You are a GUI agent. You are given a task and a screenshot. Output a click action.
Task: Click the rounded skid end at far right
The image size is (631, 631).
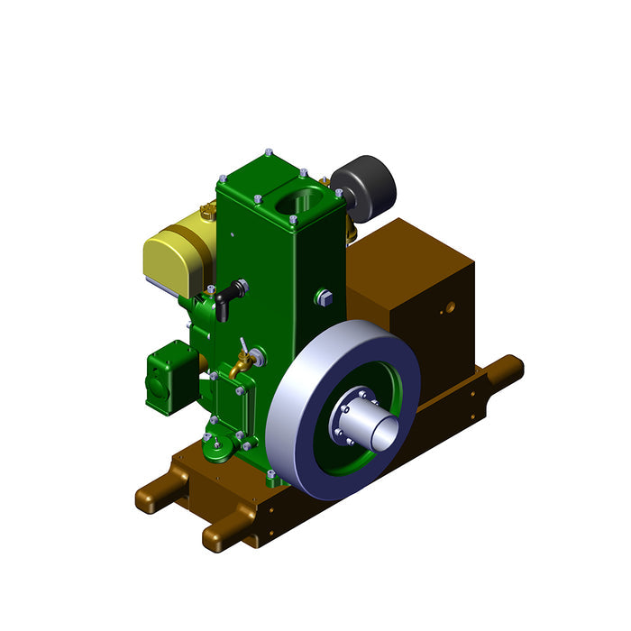pyautogui.click(x=510, y=368)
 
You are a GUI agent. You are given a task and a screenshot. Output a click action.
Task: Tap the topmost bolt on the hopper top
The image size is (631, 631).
pyautogui.click(x=269, y=153)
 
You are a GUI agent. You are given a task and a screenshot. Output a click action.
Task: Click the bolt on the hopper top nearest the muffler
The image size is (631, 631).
pyautogui.click(x=338, y=193)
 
